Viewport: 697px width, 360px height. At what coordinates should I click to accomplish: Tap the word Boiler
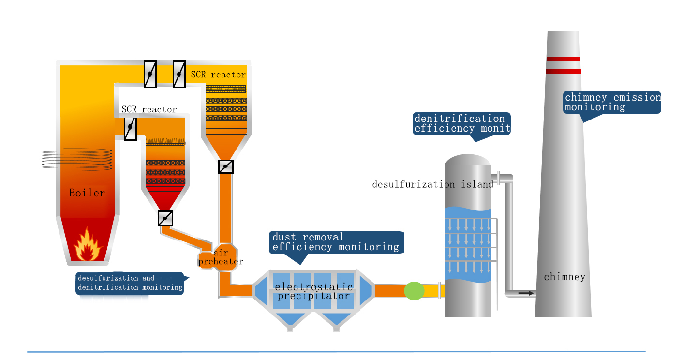pyautogui.click(x=87, y=193)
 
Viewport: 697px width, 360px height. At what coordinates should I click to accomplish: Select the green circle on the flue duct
pyautogui.click(x=414, y=291)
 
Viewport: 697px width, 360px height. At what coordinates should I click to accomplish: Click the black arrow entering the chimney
pyautogui.click(x=526, y=293)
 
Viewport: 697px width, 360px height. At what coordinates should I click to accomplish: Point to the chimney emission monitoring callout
pyautogui.click(x=612, y=102)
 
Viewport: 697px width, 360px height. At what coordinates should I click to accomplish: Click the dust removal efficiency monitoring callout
pyautogui.click(x=336, y=242)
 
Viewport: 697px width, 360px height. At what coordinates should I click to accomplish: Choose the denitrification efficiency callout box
pyautogui.click(x=461, y=123)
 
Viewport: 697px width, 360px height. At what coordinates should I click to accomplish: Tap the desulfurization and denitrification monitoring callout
pyautogui.click(x=130, y=283)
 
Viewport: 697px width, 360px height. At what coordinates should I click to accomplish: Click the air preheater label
pyautogui.click(x=221, y=257)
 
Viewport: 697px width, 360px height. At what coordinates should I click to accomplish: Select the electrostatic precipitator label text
pyautogui.click(x=313, y=291)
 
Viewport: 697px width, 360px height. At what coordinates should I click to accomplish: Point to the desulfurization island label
pyautogui.click(x=433, y=184)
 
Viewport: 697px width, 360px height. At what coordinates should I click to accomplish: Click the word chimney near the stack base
pyautogui.click(x=564, y=277)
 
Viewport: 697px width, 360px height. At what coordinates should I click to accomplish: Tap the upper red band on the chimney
pyautogui.click(x=563, y=59)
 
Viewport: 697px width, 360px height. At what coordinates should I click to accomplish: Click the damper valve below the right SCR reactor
pyautogui.click(x=226, y=166)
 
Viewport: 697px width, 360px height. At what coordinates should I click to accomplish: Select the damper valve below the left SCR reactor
pyautogui.click(x=165, y=218)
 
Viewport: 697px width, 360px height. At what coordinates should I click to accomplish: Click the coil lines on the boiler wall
pyautogui.click(x=77, y=160)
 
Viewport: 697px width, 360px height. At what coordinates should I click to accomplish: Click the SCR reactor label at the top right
pyautogui.click(x=218, y=75)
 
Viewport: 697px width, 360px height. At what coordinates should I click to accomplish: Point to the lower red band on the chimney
pyautogui.click(x=563, y=72)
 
